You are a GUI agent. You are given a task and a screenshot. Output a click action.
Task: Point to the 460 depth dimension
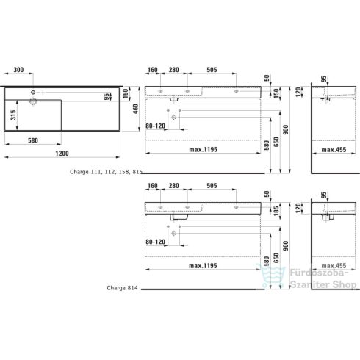[x=134, y=108]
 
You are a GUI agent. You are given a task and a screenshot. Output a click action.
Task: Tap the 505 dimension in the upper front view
[x=211, y=70]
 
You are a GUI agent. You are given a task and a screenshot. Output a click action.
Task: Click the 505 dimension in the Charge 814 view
[x=211, y=187]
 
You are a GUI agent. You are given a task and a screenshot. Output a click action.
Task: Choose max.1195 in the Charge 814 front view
[x=205, y=265]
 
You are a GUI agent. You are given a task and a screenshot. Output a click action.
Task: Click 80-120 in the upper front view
[x=156, y=126]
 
